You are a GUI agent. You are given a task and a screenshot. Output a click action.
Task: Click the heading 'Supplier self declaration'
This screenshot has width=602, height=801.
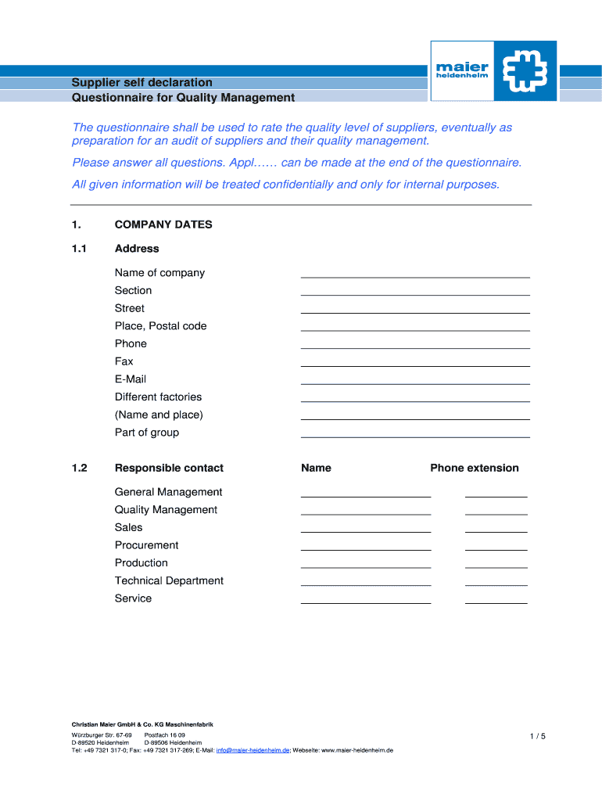(x=142, y=82)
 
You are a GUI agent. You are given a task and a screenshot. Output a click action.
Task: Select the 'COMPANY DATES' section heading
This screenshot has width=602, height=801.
(x=163, y=224)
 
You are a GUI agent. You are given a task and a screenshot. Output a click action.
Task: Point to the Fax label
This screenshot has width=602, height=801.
(x=124, y=361)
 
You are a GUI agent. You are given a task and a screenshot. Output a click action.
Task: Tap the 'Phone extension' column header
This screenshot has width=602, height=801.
(x=474, y=468)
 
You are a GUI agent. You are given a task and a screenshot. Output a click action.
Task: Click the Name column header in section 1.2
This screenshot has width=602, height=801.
(x=316, y=468)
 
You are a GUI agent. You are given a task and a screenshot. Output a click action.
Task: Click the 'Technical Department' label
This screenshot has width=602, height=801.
(x=169, y=580)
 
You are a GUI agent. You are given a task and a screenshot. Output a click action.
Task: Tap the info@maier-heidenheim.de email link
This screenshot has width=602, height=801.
(x=253, y=750)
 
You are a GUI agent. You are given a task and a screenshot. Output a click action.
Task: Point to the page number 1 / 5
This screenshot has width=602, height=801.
(x=537, y=736)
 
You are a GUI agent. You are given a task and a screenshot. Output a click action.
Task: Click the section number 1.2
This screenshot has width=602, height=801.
(x=80, y=468)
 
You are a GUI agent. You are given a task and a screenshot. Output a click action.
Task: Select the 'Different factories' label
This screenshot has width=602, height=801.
(x=158, y=397)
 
